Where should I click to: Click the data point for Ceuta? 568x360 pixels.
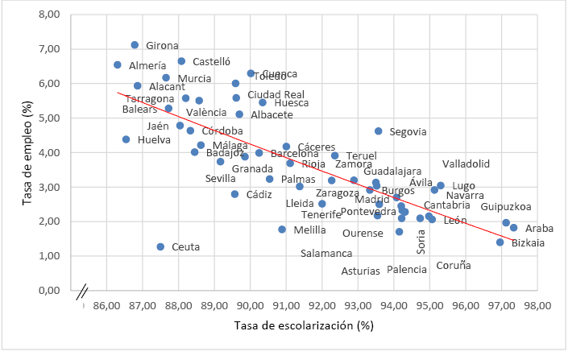click(160, 246)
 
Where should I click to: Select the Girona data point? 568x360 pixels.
click(135, 45)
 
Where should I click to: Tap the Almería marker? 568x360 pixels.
click(118, 64)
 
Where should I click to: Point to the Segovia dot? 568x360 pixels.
click(379, 130)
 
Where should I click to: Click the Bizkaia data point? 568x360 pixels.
click(500, 242)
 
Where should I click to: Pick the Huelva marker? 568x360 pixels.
click(126, 139)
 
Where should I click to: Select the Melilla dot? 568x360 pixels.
click(282, 230)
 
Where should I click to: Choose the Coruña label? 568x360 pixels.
click(453, 265)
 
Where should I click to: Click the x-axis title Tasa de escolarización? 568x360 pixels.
click(305, 325)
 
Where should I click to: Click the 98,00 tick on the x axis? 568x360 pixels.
click(537, 307)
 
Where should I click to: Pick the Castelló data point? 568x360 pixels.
click(181, 61)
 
